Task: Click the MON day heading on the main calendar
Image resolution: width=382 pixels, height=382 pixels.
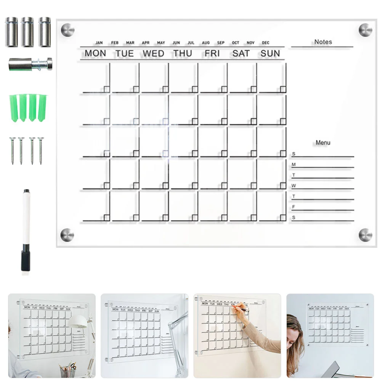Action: [95, 54]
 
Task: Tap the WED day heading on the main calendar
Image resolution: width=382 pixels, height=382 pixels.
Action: [153, 54]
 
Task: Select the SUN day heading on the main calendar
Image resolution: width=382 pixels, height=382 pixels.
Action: [270, 54]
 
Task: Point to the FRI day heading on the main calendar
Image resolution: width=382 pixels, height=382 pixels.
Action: [212, 54]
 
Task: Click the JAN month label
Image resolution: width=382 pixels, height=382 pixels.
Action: [99, 43]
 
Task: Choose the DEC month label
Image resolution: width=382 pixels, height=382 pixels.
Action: [265, 43]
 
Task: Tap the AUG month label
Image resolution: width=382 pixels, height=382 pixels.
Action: [206, 43]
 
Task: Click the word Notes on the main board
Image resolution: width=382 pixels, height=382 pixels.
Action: [323, 42]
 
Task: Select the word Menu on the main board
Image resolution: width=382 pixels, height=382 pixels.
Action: [323, 143]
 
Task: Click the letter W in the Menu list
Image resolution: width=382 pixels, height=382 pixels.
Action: [294, 186]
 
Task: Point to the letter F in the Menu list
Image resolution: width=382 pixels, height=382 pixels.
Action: [294, 207]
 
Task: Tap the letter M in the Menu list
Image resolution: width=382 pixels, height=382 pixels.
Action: [294, 165]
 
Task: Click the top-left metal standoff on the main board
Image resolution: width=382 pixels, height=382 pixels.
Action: [68, 30]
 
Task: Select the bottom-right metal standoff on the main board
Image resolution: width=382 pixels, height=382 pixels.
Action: [365, 235]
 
